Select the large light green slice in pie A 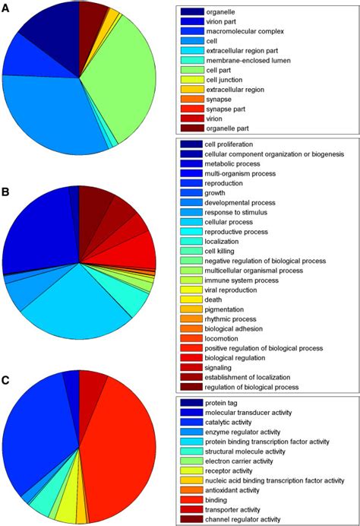122,84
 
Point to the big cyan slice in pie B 76,300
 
